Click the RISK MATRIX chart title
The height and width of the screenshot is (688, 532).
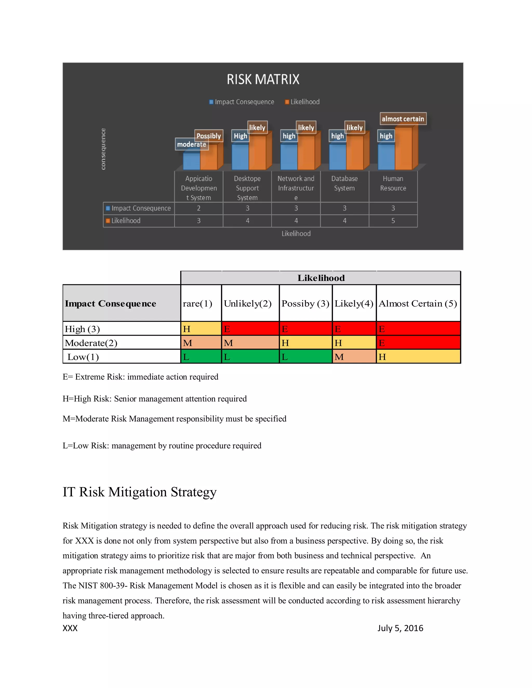tap(263, 79)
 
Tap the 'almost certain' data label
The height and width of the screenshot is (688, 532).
tap(403, 119)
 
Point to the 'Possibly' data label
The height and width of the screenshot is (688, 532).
tap(209, 136)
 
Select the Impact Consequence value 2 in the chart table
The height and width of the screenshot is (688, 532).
tap(198, 208)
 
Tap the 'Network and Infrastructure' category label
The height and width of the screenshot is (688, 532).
tap(296, 188)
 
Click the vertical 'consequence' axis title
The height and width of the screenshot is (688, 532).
tap(103, 149)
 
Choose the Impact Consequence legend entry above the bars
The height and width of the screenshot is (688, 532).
tap(242, 102)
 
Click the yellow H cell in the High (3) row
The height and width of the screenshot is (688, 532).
tap(201, 329)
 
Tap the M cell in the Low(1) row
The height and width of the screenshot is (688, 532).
tap(354, 357)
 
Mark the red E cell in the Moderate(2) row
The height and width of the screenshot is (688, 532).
tap(418, 343)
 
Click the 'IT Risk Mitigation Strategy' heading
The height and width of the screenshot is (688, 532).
tap(139, 492)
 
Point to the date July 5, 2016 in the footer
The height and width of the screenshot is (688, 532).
tap(400, 628)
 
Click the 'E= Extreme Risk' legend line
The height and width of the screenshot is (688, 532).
tap(140, 377)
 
